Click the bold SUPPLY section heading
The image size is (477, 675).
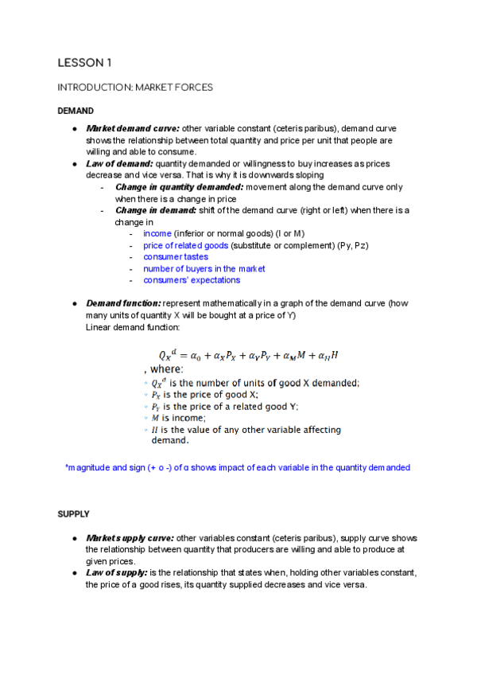coord(73,514)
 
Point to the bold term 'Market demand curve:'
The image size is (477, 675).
coord(132,128)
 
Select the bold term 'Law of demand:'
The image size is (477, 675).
coord(119,163)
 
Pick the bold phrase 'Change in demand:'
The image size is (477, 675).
coord(155,210)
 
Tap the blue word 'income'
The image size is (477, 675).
coord(157,233)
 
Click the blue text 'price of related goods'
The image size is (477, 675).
coord(185,245)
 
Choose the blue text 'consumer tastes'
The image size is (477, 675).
coord(176,257)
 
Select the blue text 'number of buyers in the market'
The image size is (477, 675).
coord(204,268)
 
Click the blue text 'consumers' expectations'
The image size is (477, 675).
coord(192,280)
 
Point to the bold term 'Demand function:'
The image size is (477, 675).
coord(122,303)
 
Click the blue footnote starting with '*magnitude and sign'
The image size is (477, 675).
coord(237,467)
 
